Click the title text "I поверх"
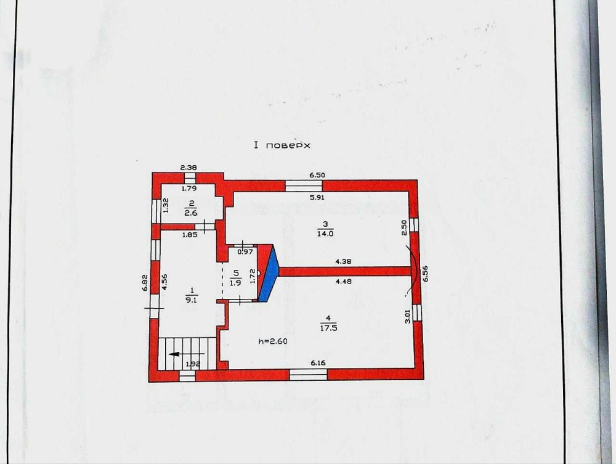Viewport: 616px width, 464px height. (282, 145)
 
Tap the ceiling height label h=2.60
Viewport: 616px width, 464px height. (273, 341)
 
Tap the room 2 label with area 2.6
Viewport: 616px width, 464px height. (191, 208)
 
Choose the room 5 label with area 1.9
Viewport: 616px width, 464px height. (235, 278)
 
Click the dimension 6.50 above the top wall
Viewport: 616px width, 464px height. (317, 175)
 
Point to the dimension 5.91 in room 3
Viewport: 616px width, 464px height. (317, 198)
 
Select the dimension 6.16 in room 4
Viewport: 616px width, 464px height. (318, 363)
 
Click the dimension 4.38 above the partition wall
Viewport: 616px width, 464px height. (343, 261)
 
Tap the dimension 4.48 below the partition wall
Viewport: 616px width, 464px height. (344, 282)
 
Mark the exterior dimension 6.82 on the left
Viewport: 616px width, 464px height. (144, 282)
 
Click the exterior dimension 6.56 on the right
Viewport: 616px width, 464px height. (426, 274)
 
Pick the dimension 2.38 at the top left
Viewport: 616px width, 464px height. (188, 168)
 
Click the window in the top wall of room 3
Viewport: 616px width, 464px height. (304, 186)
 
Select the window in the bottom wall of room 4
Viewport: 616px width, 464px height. (309, 375)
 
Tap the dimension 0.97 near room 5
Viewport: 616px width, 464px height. (246, 252)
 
